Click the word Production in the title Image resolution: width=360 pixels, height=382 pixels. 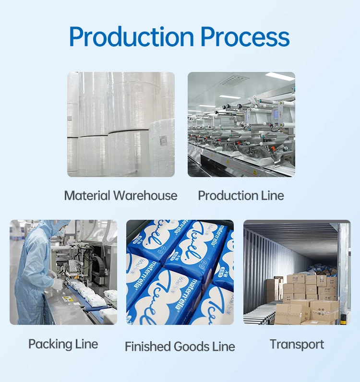point(132,37)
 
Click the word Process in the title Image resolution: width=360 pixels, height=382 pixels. point(245,37)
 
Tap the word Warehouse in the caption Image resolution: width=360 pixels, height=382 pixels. point(145,196)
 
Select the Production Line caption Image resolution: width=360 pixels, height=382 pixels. point(241,196)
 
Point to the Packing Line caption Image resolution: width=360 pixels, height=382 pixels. point(63,344)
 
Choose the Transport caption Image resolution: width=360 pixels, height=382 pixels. point(297,344)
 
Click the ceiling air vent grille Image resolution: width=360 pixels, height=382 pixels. point(234,80)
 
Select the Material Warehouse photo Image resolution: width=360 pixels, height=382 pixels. point(120,124)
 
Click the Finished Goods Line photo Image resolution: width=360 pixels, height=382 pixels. point(180,272)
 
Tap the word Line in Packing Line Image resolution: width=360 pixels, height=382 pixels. point(86,344)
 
